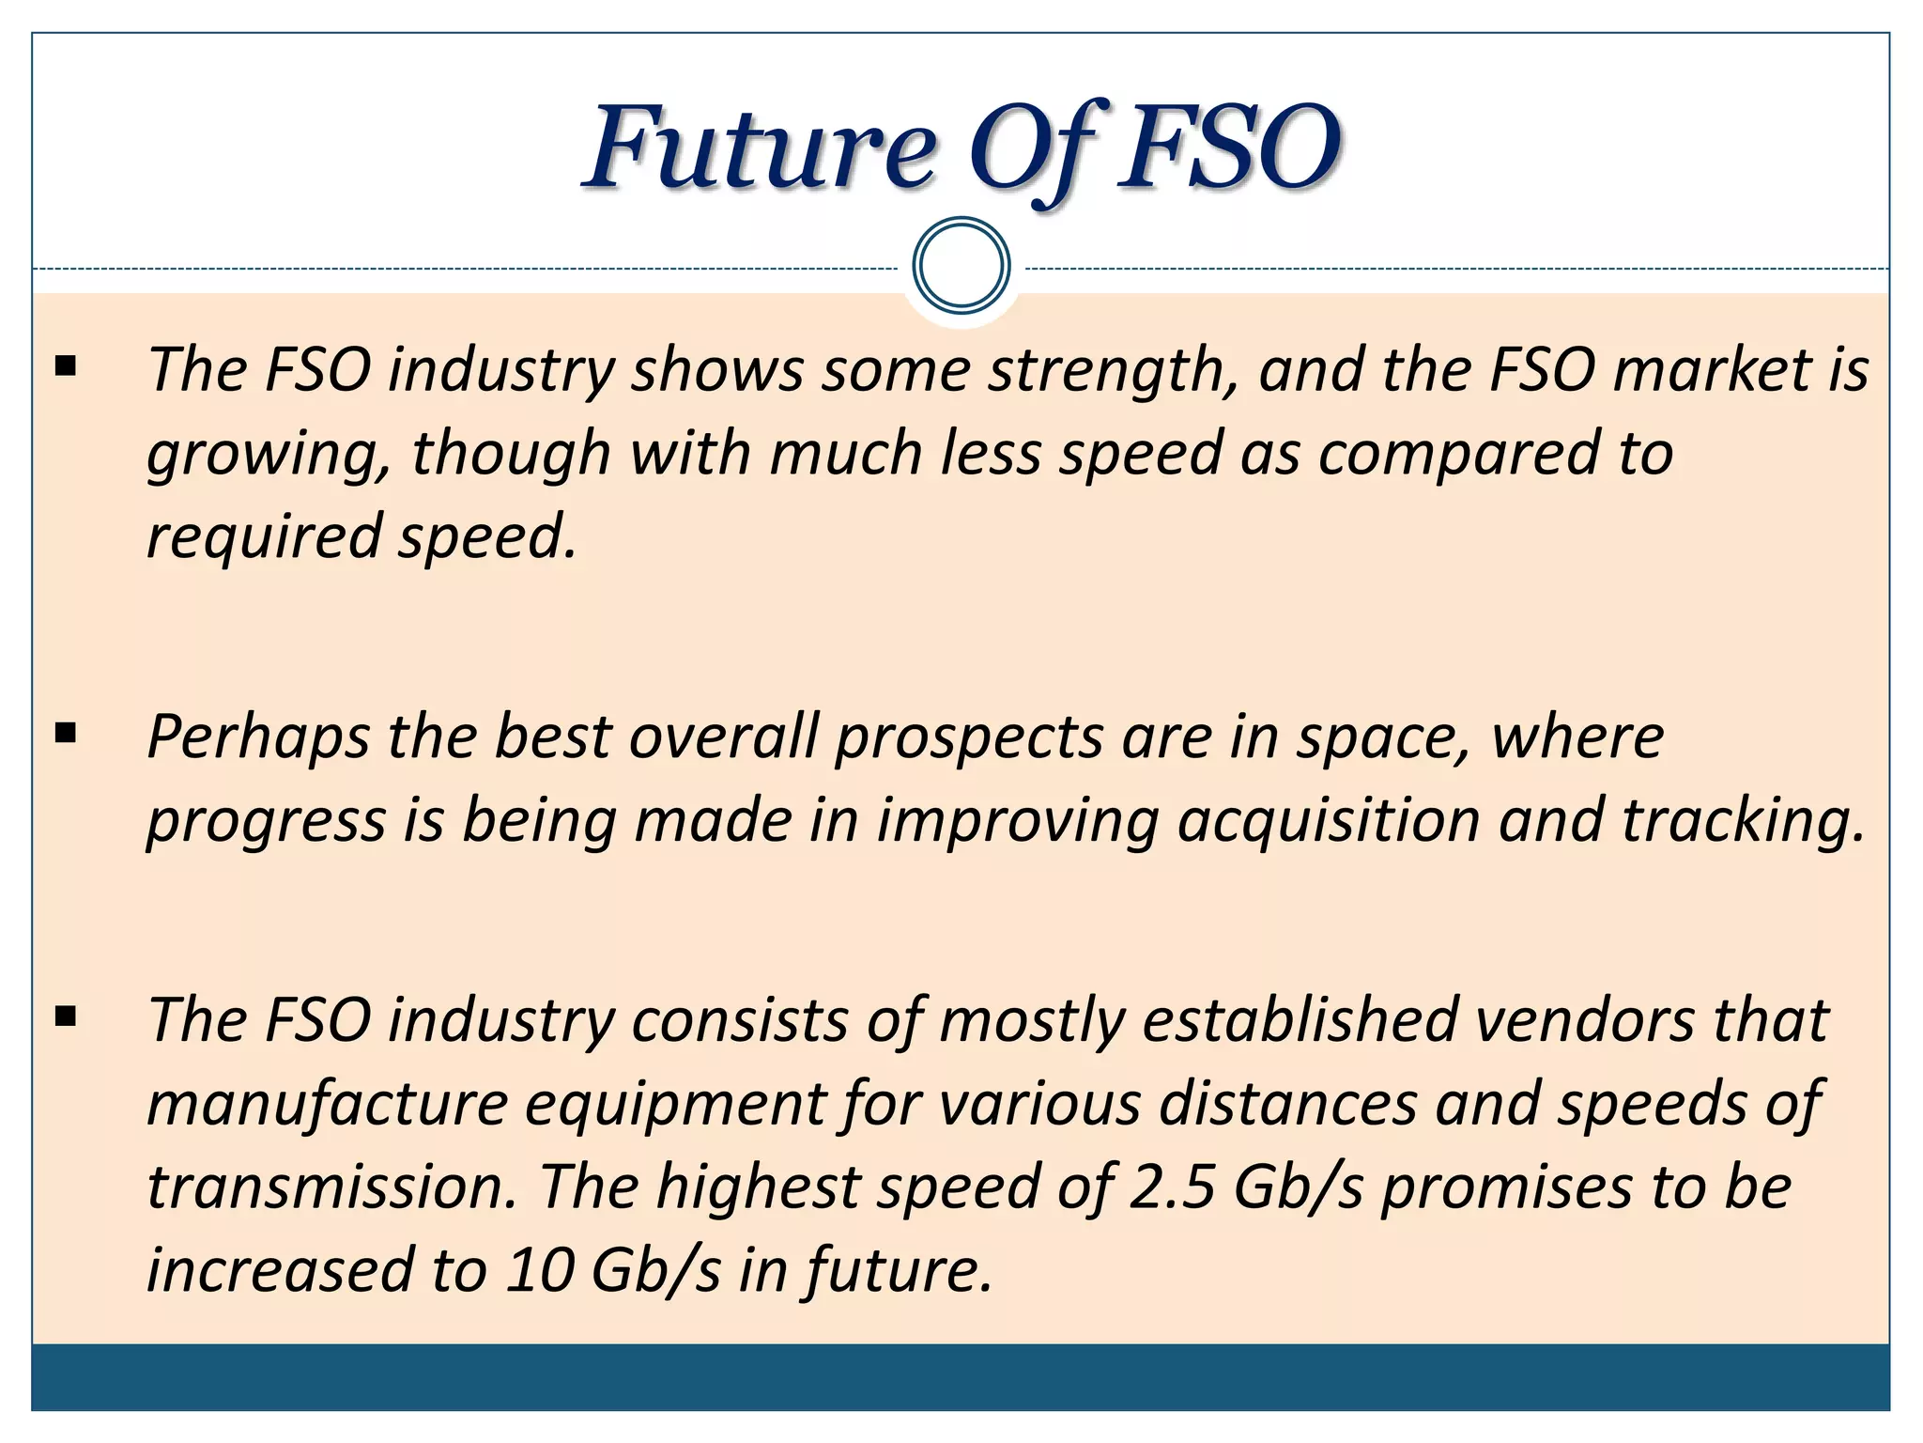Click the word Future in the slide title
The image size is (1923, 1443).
coord(761,148)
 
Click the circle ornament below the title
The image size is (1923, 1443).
coord(961,266)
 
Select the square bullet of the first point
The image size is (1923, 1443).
coord(66,365)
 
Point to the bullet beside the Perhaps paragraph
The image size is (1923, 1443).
coord(66,733)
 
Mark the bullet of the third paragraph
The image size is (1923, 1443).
coord(66,1016)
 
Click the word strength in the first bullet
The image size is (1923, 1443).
coord(1113,370)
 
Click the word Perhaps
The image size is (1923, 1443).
coord(259,737)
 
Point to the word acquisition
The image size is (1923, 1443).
coord(1329,820)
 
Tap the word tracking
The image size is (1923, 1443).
coord(1742,820)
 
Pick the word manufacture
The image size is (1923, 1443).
coord(328,1104)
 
